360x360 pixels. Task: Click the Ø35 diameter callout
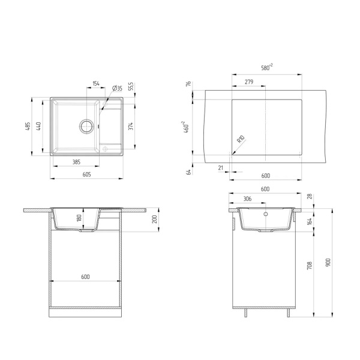click(118, 88)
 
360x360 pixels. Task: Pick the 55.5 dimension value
click(131, 88)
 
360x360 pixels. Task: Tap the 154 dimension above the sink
click(97, 84)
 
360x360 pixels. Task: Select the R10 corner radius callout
click(241, 140)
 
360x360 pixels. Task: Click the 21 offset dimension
click(221, 169)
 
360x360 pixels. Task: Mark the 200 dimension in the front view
click(154, 220)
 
